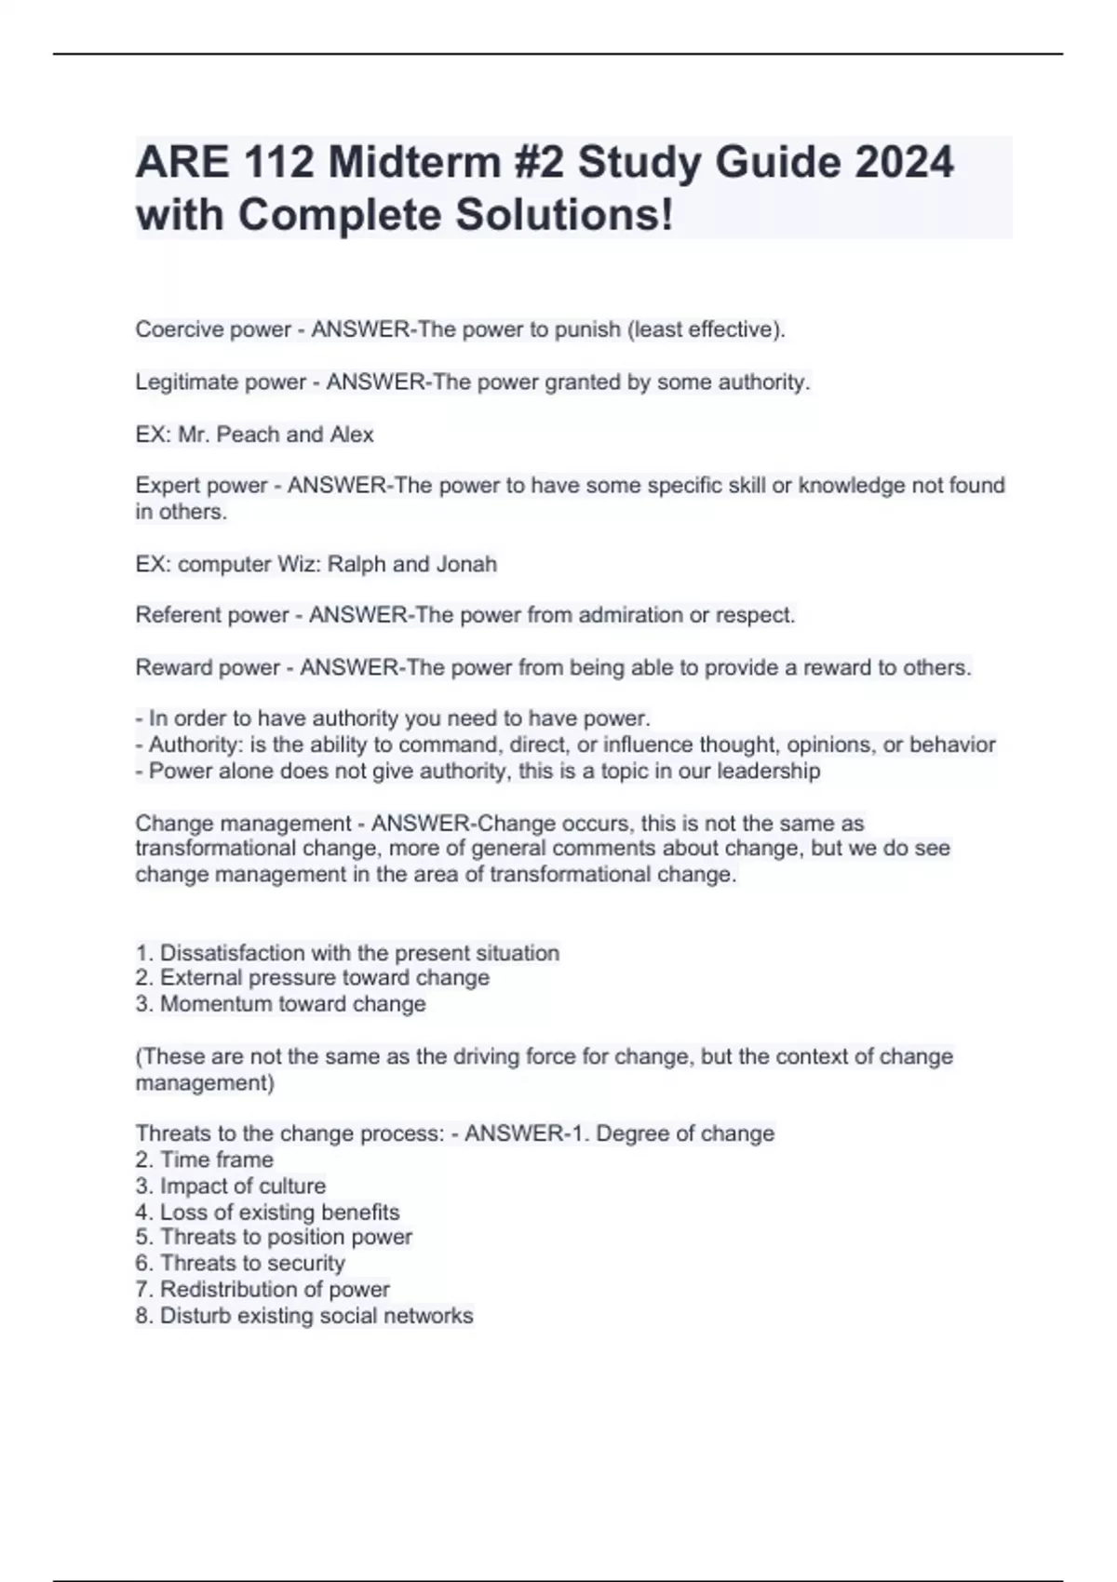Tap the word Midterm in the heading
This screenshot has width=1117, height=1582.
point(414,162)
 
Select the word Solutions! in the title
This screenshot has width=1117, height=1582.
point(563,215)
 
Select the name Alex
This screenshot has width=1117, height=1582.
point(352,435)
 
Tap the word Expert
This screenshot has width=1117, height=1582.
point(166,486)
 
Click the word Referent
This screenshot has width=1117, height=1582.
point(173,615)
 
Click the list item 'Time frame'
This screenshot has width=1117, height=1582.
point(216,1160)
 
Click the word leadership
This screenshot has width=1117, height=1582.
point(768,771)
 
